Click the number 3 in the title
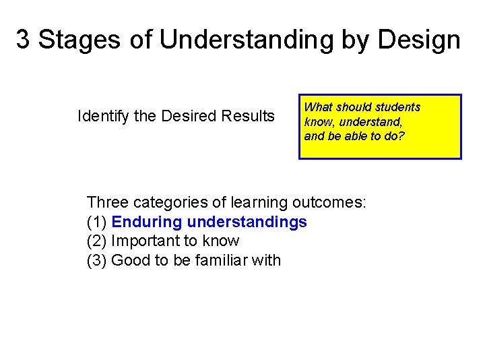23,40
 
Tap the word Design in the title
420,41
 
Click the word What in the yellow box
318,107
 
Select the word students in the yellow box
399,107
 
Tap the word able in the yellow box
357,135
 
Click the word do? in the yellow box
393,135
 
